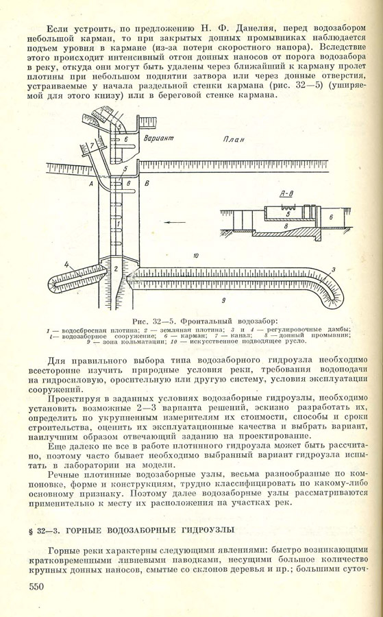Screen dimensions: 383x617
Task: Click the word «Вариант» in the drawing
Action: [158, 138]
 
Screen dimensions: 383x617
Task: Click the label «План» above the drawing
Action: [234, 139]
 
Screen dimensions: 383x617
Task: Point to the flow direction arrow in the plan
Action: [173, 222]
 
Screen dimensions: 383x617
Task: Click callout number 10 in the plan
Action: [196, 256]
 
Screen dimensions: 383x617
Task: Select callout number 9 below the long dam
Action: [223, 301]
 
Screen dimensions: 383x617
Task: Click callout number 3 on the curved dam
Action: [333, 269]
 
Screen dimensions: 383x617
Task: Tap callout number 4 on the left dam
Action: [67, 265]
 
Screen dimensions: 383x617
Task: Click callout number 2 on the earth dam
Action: [116, 269]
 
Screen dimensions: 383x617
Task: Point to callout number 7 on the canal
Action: [92, 145]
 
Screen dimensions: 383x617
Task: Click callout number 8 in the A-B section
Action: [286, 226]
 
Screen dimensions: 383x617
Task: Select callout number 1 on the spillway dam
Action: [119, 223]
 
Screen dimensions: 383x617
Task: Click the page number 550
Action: [36, 587]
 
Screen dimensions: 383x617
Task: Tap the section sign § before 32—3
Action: [31, 531]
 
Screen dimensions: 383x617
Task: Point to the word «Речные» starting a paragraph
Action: [63, 474]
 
